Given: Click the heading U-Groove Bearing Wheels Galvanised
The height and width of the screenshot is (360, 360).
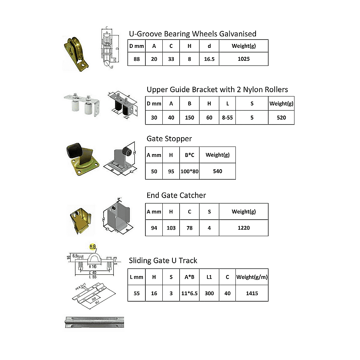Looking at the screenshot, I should pos(193,34).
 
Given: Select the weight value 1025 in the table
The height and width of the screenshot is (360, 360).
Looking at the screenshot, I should pos(243,59).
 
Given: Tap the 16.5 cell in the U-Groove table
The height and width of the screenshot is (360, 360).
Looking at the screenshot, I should pos(209,59).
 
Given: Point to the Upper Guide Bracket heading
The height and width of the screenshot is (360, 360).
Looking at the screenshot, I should pos(217,89).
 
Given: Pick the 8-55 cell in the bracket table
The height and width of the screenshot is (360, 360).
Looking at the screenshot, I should pos(227,117).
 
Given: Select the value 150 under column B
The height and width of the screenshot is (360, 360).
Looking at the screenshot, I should pos(189,117).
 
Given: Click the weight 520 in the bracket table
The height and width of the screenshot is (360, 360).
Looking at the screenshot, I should pos(281,117).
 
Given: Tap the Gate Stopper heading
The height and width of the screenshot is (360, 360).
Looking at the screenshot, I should pos(169,139).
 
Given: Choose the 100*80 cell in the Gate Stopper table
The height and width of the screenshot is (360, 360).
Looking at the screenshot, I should pos(189,171).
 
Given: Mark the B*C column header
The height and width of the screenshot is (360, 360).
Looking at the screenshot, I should pos(189,155).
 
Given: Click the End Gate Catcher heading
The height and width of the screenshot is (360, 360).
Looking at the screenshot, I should pos(176,195).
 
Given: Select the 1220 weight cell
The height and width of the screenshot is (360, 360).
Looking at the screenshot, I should pos(243,228).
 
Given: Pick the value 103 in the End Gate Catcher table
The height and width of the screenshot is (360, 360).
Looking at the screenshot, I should pos(171,228).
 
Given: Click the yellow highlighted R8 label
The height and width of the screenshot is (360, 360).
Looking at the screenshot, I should pos(93,247).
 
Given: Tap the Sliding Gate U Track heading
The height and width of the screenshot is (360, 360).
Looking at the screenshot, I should pos(163,261).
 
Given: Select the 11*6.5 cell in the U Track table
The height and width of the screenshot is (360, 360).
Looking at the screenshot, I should pos(189,293).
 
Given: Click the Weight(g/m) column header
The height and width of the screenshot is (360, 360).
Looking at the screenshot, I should pos(252,277).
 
